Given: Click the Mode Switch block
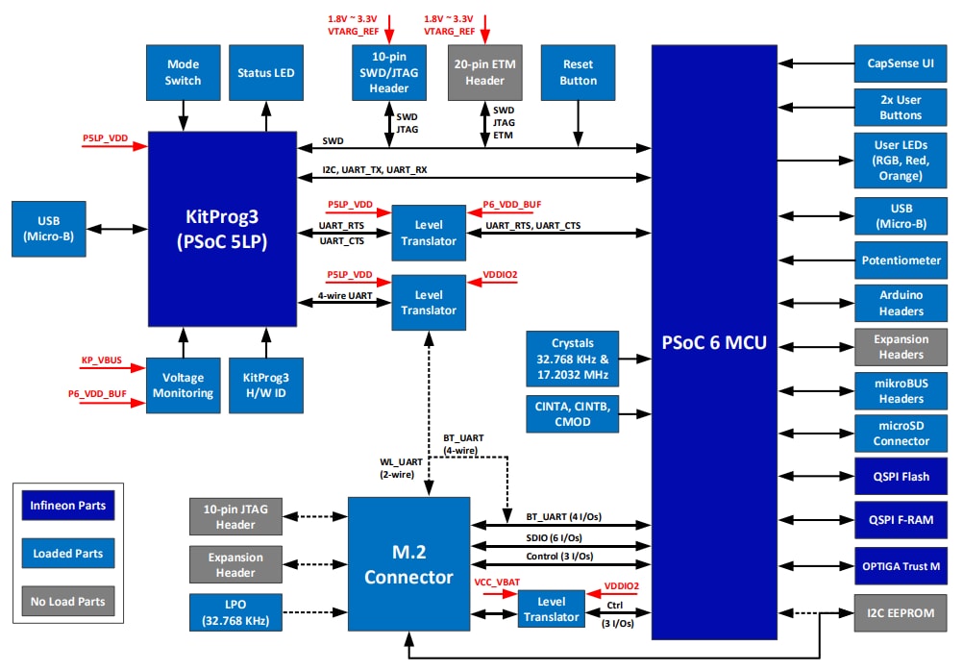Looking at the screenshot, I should click(183, 73).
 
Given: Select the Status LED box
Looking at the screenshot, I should click(266, 73).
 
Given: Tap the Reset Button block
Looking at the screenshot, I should click(578, 73).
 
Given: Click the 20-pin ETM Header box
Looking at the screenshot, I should click(485, 73).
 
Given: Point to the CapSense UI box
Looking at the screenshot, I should click(901, 63).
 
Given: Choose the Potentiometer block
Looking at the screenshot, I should click(901, 260).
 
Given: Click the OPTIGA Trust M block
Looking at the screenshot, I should click(901, 566).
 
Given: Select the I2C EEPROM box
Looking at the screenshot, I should click(901, 612).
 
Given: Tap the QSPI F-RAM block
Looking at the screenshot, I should click(901, 519).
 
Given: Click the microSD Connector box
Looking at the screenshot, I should click(901, 434).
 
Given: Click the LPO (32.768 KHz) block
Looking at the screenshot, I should click(235, 612).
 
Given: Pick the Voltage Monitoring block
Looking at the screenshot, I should click(183, 385).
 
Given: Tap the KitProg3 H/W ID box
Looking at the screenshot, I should click(265, 385).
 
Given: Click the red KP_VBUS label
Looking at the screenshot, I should click(101, 360).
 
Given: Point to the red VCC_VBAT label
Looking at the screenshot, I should click(496, 583).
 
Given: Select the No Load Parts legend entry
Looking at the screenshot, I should click(67, 602).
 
